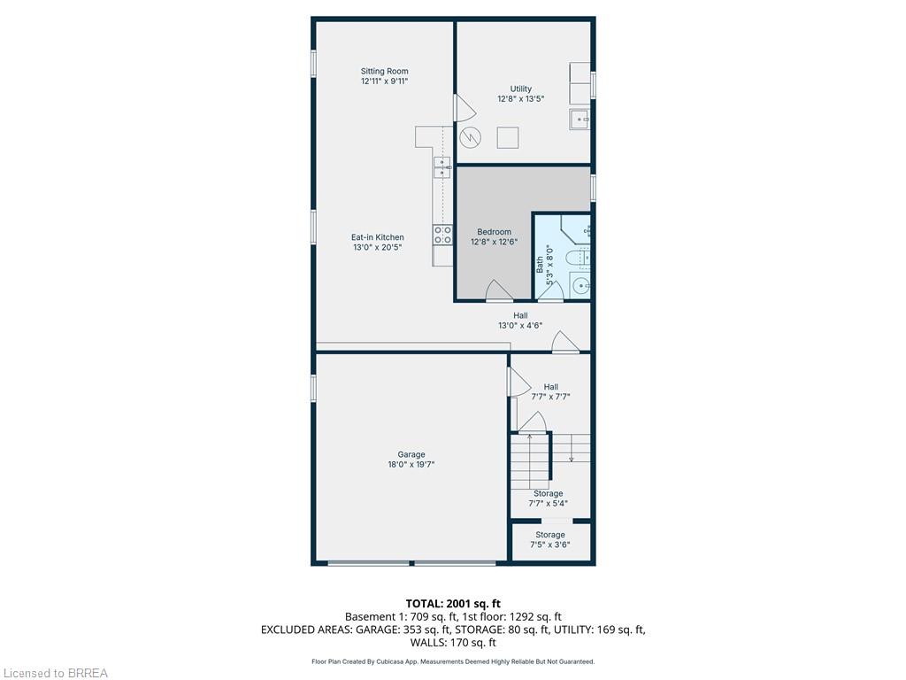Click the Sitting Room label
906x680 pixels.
click(384, 71)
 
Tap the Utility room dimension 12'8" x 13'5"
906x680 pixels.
click(520, 99)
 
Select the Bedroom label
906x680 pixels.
click(494, 232)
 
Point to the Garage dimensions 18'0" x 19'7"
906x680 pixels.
click(411, 464)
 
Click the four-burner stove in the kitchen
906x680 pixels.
click(442, 235)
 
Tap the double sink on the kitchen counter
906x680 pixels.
click(441, 166)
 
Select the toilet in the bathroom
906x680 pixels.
click(579, 258)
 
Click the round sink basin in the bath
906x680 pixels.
click(580, 285)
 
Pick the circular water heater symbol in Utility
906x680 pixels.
click(471, 137)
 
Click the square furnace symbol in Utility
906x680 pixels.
click(508, 137)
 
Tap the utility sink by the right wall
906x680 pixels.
click(580, 119)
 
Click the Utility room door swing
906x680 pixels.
click(464, 108)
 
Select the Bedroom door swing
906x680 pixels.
click(498, 290)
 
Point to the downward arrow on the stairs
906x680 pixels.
click(573, 458)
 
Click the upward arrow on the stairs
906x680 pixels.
click(529, 436)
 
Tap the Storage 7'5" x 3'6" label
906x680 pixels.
click(549, 539)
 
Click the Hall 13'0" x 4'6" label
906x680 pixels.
click(519, 320)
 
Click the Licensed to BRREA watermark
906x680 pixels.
click(55, 673)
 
